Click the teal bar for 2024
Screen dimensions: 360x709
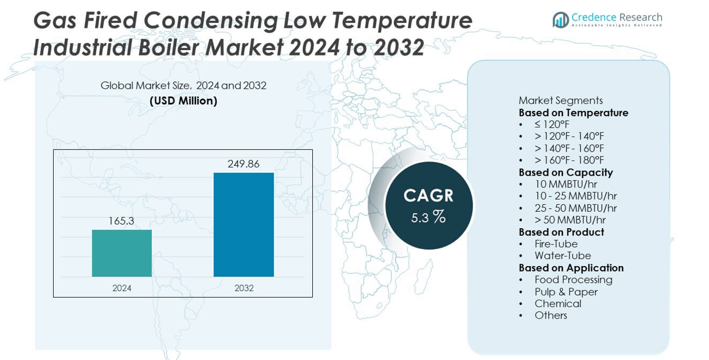pyautogui.click(x=121, y=253)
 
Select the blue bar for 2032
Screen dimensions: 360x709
pyautogui.click(x=243, y=225)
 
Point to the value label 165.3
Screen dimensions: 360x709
pyautogui.click(x=121, y=221)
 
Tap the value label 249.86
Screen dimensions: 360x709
pyautogui.click(x=243, y=164)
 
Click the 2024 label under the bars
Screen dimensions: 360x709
pyautogui.click(x=121, y=288)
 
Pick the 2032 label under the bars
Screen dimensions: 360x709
pyautogui.click(x=243, y=288)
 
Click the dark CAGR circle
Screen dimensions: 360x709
pyautogui.click(x=428, y=206)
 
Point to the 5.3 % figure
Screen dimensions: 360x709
pyautogui.click(x=428, y=218)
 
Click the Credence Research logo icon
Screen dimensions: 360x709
pyautogui.click(x=561, y=20)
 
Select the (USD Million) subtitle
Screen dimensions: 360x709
pyautogui.click(x=183, y=101)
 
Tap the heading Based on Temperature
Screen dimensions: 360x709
pyautogui.click(x=573, y=113)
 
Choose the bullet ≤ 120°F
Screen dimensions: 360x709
pyautogui.click(x=551, y=124)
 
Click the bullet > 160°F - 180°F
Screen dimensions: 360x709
pyautogui.click(x=569, y=160)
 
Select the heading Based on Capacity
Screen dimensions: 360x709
pyautogui.click(x=565, y=172)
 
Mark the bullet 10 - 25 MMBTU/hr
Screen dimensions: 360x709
pyautogui.click(x=575, y=196)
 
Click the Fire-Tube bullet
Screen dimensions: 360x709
pyautogui.click(x=556, y=244)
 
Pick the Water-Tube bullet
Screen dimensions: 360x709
pyautogui.click(x=563, y=256)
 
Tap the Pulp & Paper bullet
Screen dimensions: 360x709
pyautogui.click(x=566, y=292)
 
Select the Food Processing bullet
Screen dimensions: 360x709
pyautogui.click(x=573, y=279)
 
